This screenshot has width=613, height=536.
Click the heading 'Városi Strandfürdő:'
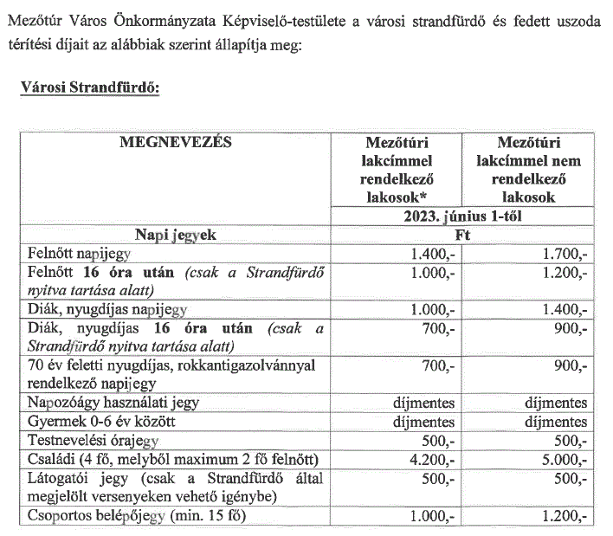pos(82,90)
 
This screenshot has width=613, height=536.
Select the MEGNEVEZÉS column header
pos(175,143)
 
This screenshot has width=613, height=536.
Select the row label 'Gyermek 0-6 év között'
pos(90,423)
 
